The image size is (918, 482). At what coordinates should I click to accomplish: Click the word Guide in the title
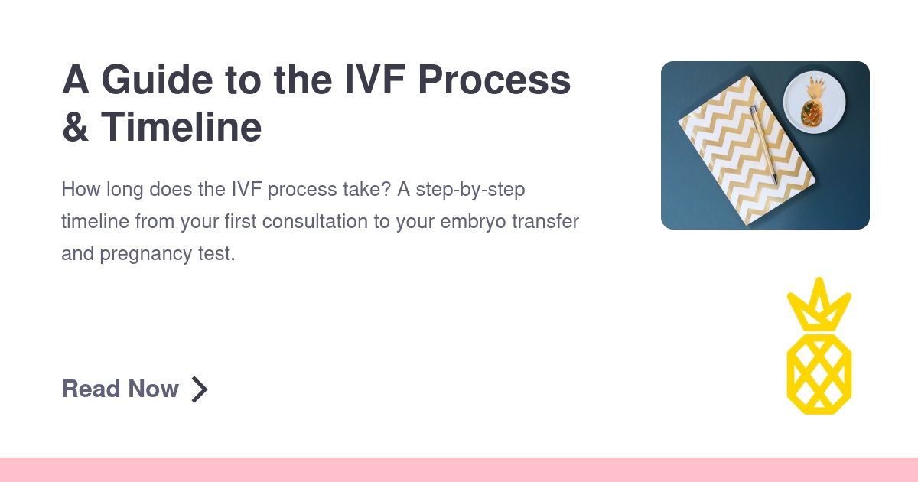coord(157,80)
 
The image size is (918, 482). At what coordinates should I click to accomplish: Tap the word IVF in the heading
coord(375,80)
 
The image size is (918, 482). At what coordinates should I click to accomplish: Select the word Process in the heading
coord(494,80)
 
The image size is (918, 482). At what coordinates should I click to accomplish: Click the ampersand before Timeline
coord(76,127)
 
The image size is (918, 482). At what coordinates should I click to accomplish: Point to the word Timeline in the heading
coord(181,127)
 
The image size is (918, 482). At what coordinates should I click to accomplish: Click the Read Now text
coord(120,389)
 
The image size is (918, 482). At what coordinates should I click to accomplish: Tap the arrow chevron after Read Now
coord(200,389)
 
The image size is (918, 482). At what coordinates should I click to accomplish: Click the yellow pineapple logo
coord(819,347)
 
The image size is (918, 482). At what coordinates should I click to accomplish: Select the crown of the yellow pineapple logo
coord(819,305)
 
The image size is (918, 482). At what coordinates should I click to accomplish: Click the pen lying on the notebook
coord(764,145)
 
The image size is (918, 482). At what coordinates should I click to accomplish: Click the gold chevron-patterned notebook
coord(747,151)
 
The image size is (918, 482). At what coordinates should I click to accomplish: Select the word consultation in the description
coord(314,221)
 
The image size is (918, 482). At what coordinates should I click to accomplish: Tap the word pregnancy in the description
coord(146,254)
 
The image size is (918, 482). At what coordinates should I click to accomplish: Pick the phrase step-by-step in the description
coord(470,190)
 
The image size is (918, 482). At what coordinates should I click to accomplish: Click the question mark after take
coord(386,189)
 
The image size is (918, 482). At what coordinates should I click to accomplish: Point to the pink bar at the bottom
coord(459,470)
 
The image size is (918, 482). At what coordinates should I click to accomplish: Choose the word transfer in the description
coord(545,221)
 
